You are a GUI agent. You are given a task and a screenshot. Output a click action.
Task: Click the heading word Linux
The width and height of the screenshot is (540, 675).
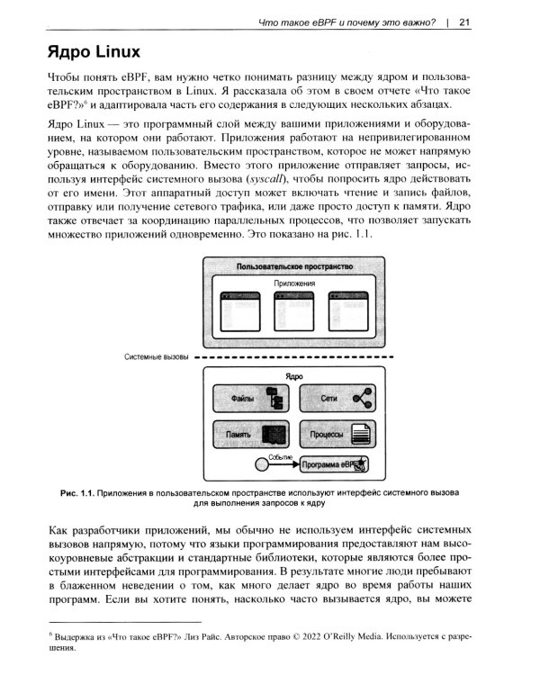pos(111,52)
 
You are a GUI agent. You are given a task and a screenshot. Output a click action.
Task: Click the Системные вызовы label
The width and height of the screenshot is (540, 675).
pos(156,356)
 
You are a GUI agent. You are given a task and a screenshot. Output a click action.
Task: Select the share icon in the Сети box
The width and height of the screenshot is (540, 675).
pos(363,397)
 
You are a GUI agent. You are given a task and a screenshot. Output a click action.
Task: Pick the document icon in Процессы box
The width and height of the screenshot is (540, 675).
pos(361,435)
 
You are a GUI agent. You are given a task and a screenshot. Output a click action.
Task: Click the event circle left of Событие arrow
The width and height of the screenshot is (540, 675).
pos(255,465)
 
